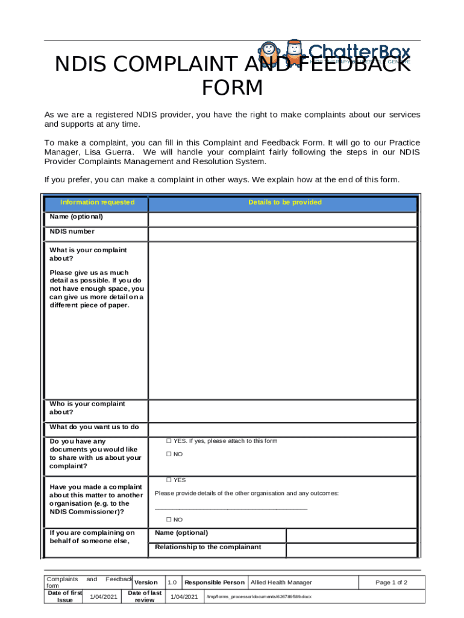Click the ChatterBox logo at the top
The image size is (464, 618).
[334, 53]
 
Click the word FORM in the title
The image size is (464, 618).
[232, 88]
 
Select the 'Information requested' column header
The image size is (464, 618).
[97, 202]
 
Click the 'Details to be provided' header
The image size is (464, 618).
[284, 202]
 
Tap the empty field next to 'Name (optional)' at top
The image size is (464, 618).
[282, 218]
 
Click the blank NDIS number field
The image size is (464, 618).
[282, 234]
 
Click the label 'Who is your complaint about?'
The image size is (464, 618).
[87, 408]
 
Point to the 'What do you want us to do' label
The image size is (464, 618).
[94, 427]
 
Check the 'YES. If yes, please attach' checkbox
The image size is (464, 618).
[169, 441]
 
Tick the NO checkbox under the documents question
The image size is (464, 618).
[169, 454]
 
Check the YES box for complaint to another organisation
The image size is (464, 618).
[169, 480]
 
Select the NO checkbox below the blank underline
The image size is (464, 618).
[169, 520]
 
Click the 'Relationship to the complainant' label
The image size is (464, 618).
[208, 547]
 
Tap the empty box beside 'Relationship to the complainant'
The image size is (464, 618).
[351, 550]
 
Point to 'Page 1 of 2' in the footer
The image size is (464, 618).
[391, 582]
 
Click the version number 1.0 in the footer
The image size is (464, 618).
[172, 582]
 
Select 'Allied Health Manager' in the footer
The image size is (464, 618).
[281, 582]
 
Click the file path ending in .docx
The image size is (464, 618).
[259, 597]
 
